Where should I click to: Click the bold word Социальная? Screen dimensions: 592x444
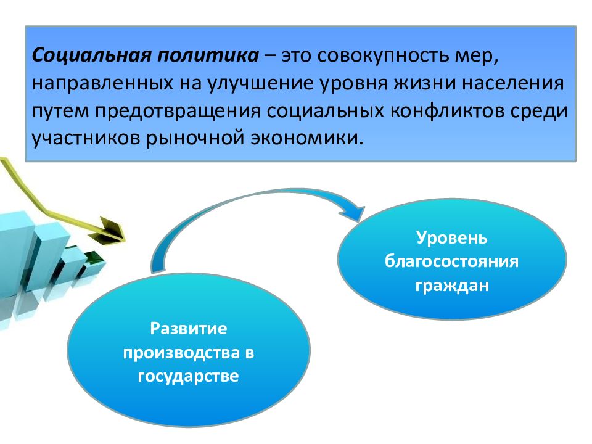[92, 55]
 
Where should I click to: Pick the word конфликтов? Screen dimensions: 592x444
[446, 111]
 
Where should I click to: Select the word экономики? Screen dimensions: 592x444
[306, 138]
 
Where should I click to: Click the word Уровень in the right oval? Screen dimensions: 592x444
[452, 238]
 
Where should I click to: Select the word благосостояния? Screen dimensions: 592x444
[452, 261]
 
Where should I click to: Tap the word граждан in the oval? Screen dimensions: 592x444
[452, 286]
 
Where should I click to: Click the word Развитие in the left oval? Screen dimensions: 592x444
[189, 329]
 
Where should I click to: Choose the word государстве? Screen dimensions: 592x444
[189, 377]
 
